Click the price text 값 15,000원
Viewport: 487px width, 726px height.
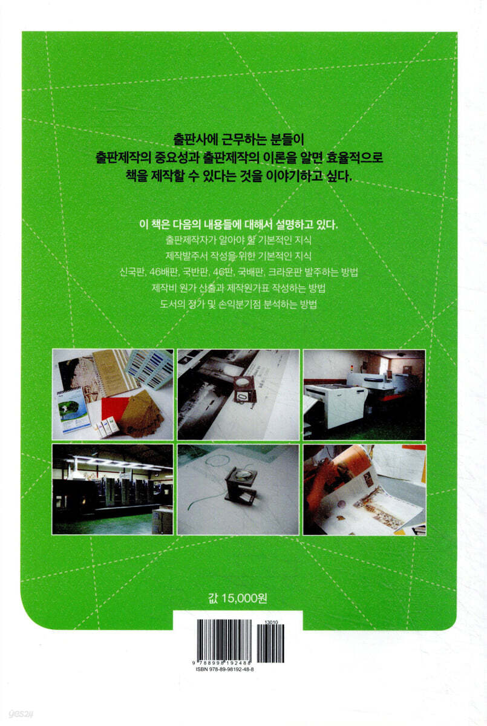[238, 598]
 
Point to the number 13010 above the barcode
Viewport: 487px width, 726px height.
[269, 623]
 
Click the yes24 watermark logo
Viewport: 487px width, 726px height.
[21, 714]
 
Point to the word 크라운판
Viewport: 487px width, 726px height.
[284, 272]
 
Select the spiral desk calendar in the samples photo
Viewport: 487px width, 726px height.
[73, 411]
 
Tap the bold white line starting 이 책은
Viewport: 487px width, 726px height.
[238, 224]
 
